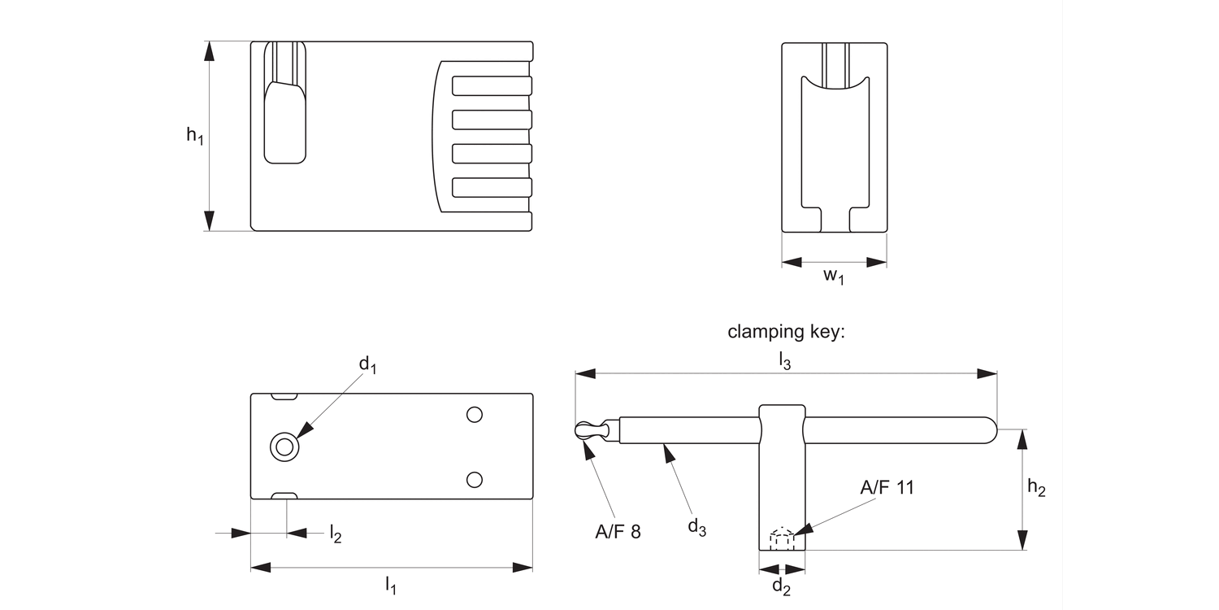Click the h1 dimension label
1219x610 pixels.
pyautogui.click(x=194, y=136)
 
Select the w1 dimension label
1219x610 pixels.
pyautogui.click(x=834, y=277)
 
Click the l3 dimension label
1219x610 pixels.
pyautogui.click(x=784, y=360)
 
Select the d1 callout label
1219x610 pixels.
pyautogui.click(x=368, y=365)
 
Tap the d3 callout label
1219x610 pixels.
pyautogui.click(x=697, y=528)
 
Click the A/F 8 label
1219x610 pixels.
pyautogui.click(x=618, y=532)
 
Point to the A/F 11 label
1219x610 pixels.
pyautogui.click(x=887, y=487)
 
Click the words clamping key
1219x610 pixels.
pyautogui.click(x=787, y=332)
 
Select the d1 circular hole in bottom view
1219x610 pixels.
pyautogui.click(x=284, y=446)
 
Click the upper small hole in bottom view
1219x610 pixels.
pyautogui.click(x=475, y=415)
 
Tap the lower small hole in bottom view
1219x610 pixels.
pyautogui.click(x=475, y=478)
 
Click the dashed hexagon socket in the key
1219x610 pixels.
pyautogui.click(x=782, y=538)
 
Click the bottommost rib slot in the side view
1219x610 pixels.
pyautogui.click(x=492, y=187)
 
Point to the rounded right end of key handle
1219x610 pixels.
pyautogui.click(x=987, y=430)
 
